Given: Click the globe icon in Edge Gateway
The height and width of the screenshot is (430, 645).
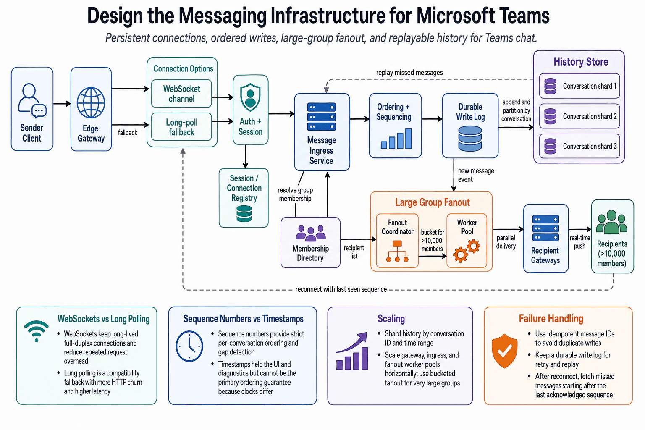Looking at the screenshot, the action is pyautogui.click(x=91, y=103).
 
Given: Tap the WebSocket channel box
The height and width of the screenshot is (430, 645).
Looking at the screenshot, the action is pyautogui.click(x=181, y=94).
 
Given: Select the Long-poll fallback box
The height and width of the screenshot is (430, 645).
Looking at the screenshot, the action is pyautogui.click(x=181, y=127).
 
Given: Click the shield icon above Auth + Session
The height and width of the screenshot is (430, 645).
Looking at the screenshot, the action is pyautogui.click(x=250, y=97).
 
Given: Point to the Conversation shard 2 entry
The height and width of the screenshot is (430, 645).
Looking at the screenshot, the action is pyautogui.click(x=579, y=116).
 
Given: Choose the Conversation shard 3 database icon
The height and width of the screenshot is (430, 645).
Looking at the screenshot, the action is pyautogui.click(x=550, y=146).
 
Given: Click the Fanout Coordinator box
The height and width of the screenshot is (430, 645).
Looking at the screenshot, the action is pyautogui.click(x=397, y=241).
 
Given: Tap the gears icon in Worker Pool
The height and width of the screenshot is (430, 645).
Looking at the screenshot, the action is pyautogui.click(x=467, y=251).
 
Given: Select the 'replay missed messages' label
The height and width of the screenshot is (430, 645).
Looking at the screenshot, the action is pyautogui.click(x=409, y=73).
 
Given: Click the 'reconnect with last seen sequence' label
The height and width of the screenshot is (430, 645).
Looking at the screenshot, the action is pyautogui.click(x=341, y=289).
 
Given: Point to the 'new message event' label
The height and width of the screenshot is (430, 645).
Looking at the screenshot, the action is pyautogui.click(x=476, y=175).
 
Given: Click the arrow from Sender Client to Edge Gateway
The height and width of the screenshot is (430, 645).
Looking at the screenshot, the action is pyautogui.click(x=62, y=104).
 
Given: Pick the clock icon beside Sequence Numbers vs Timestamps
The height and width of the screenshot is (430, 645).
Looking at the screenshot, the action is pyautogui.click(x=189, y=346).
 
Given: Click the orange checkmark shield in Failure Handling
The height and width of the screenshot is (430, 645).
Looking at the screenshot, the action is pyautogui.click(x=504, y=351).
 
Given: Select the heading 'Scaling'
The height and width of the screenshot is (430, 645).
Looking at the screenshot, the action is pyautogui.click(x=391, y=319).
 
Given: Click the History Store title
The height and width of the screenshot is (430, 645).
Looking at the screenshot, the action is pyautogui.click(x=581, y=62).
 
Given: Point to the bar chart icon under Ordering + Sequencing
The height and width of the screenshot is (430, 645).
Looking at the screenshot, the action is pyautogui.click(x=396, y=139).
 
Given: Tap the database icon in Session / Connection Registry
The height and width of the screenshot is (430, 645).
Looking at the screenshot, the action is pyautogui.click(x=244, y=214).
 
